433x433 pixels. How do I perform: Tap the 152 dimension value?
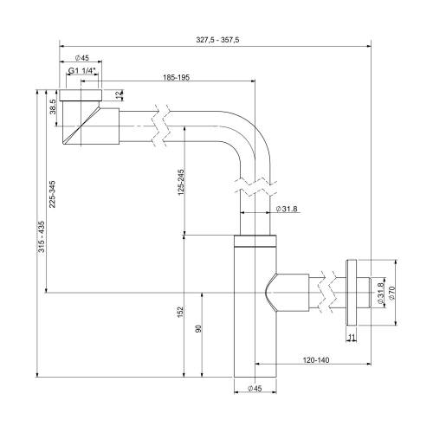pyautogui.click(x=180, y=310)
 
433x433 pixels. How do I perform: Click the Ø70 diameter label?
pyautogui.click(x=392, y=294)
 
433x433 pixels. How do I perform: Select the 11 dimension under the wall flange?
pyautogui.click(x=351, y=338)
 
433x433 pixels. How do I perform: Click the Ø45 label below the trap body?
pyautogui.click(x=255, y=388)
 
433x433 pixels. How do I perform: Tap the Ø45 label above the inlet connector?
pyautogui.click(x=81, y=59)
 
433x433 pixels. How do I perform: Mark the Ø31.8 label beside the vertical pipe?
pyautogui.click(x=288, y=209)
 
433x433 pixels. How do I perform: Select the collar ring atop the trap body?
pyautogui.click(x=255, y=241)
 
